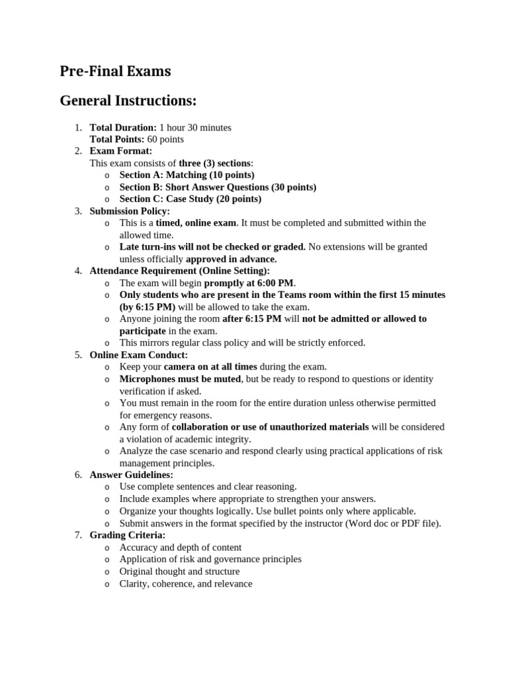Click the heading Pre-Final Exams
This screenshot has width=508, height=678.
(115, 72)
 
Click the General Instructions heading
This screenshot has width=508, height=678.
(128, 101)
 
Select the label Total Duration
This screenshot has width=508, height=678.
(123, 127)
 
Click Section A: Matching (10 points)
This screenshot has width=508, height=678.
(187, 175)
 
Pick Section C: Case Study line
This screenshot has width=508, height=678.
(190, 199)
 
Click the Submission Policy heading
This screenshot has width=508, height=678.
(130, 211)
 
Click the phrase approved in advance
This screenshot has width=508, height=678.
(231, 259)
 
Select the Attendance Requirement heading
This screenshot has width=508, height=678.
(179, 271)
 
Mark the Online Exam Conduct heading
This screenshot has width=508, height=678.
(138, 355)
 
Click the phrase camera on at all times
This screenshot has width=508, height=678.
(210, 367)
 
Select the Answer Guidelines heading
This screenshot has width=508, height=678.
(131, 475)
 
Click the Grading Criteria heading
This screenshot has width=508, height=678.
(128, 535)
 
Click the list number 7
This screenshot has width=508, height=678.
(77, 535)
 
